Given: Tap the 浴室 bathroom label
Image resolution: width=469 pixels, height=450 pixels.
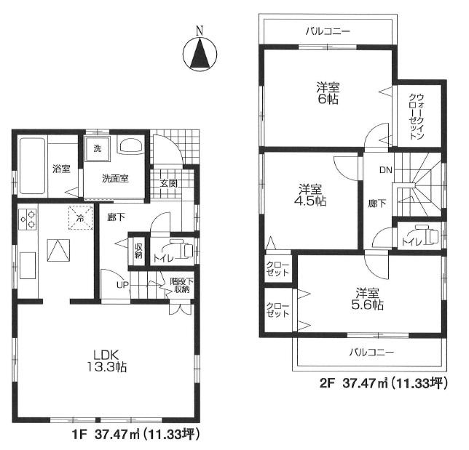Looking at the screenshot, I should pos(61,169).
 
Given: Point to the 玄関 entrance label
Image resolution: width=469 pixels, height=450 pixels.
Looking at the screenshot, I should pos(169,183).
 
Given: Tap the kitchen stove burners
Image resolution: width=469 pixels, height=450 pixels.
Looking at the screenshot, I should pos(28,218).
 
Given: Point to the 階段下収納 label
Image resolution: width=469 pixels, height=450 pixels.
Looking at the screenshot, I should pos(180,285).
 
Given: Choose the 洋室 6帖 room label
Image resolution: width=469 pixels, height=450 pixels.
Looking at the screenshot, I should pos(327,94).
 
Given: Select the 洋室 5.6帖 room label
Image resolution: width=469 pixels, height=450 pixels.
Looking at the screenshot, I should pos(368,299).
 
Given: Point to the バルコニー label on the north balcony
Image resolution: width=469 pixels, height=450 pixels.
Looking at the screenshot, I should pos(328,32).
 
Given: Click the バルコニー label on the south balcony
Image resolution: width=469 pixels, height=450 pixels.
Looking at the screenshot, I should pos(370,352).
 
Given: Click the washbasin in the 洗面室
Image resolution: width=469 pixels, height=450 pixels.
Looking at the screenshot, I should pos(130,146).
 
